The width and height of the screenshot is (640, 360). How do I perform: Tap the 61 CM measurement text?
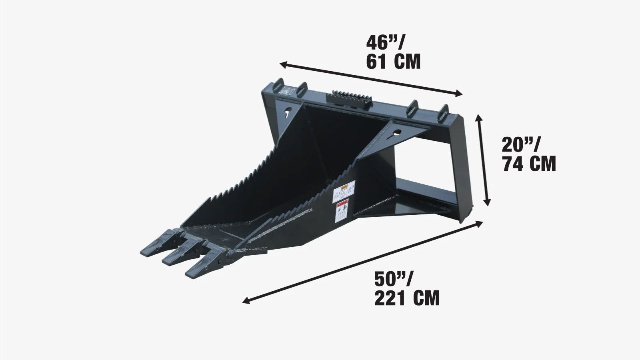tap(393, 62)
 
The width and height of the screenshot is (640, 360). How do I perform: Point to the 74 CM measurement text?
tap(529, 164)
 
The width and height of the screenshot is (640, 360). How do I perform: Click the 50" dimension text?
tap(394, 279)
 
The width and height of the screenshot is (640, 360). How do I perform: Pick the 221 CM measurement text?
tap(407, 298)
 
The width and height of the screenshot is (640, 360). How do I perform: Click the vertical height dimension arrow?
tap(482, 160)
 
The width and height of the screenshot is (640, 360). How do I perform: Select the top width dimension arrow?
tap(371, 79)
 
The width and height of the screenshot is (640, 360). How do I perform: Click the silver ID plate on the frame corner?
tap(287, 91)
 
